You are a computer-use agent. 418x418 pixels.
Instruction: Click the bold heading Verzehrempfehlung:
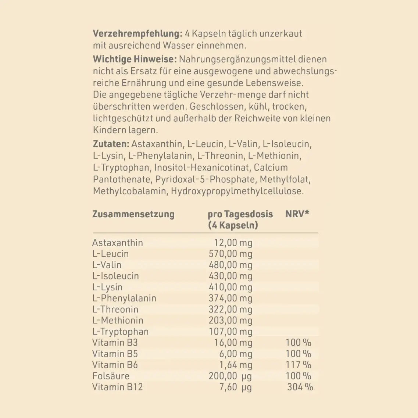coord(137,34)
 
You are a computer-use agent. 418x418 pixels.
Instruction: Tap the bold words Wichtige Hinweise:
coord(135,59)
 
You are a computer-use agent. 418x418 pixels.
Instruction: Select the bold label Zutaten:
coord(111,144)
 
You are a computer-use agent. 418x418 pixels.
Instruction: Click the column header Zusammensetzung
coord(133,214)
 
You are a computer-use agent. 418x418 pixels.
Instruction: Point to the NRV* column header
coord(297,214)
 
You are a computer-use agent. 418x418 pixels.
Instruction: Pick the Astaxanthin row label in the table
coord(117,243)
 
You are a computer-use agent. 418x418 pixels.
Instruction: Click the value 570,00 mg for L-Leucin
coord(231,254)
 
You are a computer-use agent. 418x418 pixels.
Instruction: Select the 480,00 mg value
coord(231,265)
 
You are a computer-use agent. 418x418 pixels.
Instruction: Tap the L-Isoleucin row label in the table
coord(115,276)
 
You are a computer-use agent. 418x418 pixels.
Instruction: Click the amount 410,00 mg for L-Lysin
coord(231,287)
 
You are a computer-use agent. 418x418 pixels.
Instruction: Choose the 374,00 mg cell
coord(231,298)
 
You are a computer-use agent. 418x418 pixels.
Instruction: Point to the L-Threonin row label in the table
coord(115,310)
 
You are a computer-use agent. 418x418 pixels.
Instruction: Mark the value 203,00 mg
coord(231,321)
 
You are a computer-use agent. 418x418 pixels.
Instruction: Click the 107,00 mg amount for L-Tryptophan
coord(231,332)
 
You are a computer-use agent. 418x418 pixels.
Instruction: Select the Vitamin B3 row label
coord(115,343)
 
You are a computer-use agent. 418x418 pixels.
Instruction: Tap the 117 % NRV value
coord(298,365)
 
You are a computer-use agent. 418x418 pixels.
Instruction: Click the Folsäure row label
coord(111,376)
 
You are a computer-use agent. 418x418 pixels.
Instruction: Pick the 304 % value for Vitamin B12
coord(300,387)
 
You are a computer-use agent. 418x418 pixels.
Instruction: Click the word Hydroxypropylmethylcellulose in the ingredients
coord(237,191)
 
